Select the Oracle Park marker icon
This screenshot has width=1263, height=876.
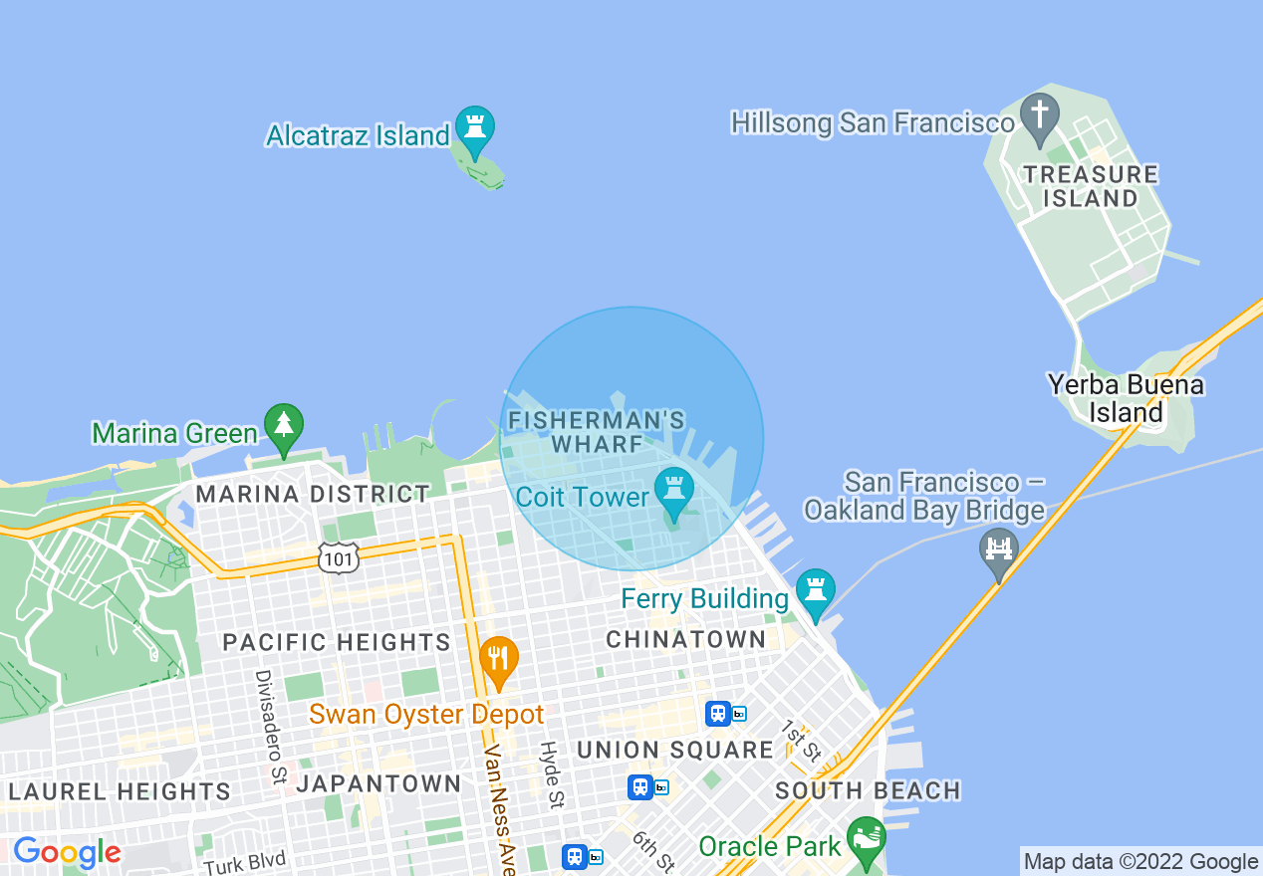tap(866, 839)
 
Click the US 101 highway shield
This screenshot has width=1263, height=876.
tap(339, 558)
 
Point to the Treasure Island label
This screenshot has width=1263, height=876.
tap(1091, 186)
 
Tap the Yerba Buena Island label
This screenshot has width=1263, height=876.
tap(1126, 398)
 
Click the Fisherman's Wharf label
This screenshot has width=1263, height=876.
tap(597, 432)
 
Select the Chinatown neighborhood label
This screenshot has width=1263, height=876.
tap(686, 639)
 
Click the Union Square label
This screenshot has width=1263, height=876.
tap(675, 750)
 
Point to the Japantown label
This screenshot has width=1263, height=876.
tap(379, 783)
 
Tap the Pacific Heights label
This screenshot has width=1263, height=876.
tap(337, 642)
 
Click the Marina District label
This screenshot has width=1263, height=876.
tap(313, 494)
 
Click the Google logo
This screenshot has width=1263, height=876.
tap(67, 852)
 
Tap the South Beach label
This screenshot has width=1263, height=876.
tap(868, 790)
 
